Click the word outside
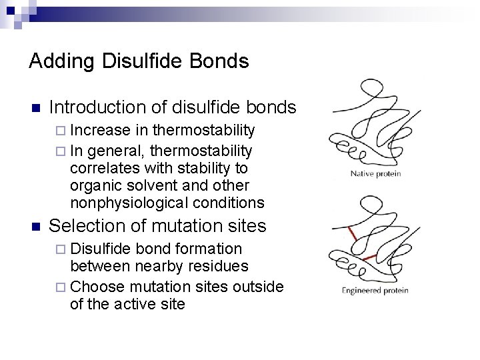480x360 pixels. click(x=261, y=287)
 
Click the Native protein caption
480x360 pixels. click(x=377, y=175)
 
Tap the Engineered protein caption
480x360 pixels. click(x=376, y=291)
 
